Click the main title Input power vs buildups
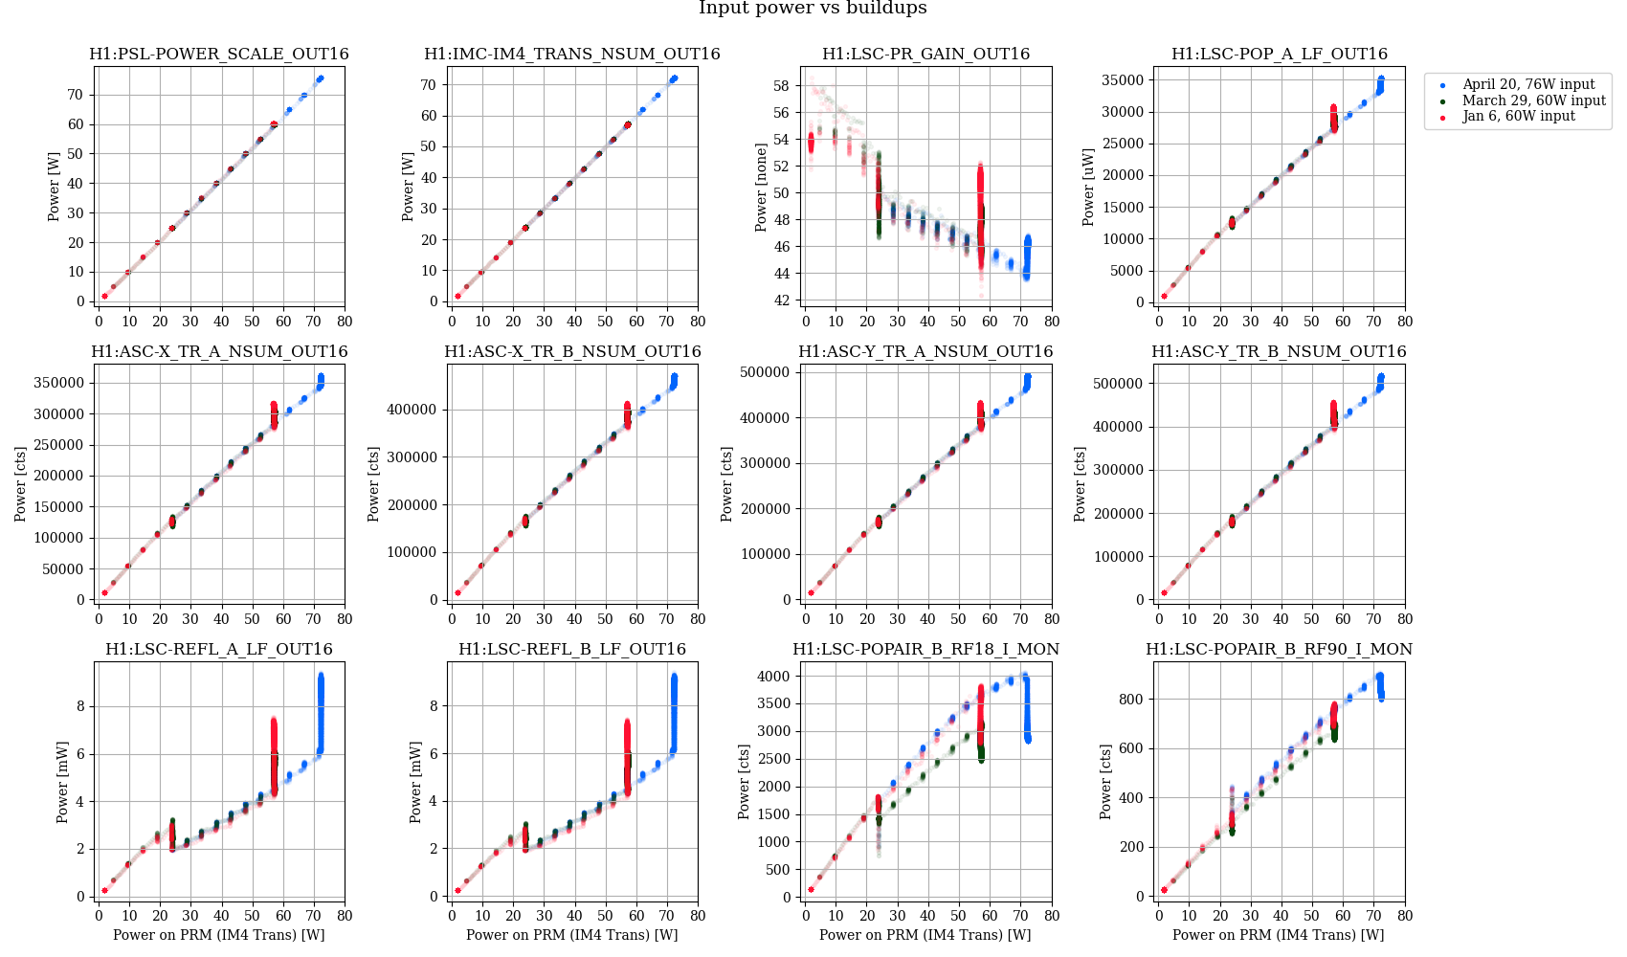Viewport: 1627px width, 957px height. point(813,9)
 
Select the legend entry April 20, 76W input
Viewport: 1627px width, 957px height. point(1528,85)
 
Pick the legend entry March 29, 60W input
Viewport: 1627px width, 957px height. point(1533,100)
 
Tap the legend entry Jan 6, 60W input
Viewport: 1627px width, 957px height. point(1518,116)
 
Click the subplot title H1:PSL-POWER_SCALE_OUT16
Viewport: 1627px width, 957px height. point(219,55)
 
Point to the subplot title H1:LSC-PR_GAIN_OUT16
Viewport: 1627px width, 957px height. point(925,55)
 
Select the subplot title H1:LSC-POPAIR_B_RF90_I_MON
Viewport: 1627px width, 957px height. point(1279,650)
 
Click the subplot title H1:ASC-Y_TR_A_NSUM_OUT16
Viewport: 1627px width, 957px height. point(925,352)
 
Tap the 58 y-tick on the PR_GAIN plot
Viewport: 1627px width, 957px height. point(781,86)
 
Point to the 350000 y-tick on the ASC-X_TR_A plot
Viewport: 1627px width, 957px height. point(59,383)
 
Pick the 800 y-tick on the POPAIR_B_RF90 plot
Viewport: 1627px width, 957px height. point(1132,700)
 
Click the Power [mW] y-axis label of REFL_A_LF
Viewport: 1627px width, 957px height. point(62,782)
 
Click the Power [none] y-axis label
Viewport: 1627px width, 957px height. point(761,187)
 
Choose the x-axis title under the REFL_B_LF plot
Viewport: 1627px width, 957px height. point(572,935)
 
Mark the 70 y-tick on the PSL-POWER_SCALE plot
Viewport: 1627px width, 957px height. point(75,95)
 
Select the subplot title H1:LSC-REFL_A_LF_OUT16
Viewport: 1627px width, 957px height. point(219,650)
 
